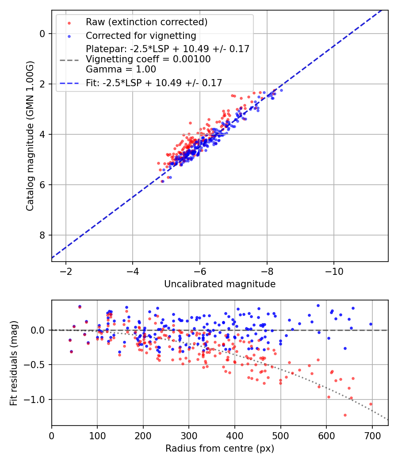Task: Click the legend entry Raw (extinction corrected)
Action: [146, 22]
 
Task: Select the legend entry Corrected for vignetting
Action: [141, 35]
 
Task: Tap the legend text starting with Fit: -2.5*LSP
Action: [154, 83]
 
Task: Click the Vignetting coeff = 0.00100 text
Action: [148, 59]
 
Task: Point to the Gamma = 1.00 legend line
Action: [121, 69]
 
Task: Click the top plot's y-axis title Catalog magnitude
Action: [30, 135]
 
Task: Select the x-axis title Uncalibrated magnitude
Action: [220, 284]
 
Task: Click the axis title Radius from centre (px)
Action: [220, 449]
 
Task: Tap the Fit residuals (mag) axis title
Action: [14, 363]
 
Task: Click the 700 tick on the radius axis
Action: [372, 435]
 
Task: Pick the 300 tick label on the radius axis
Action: [189, 435]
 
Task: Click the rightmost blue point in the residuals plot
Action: [371, 324]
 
